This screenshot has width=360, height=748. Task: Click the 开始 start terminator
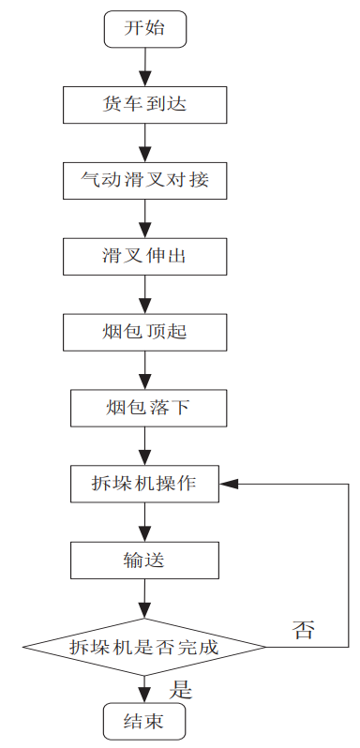pos(144,28)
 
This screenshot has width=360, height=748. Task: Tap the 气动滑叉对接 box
pos(144,179)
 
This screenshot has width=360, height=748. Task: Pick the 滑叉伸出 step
pos(144,255)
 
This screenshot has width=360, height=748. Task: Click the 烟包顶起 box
pos(144,331)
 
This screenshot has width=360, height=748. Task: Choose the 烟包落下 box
pos(144,408)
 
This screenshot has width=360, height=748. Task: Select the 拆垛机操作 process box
pos(144,484)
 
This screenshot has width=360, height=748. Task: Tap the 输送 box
pos(144,561)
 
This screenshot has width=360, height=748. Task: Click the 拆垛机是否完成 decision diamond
pos(144,647)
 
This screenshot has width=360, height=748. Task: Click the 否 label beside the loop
pos(303,629)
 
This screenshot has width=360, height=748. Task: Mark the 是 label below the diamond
pos(180,690)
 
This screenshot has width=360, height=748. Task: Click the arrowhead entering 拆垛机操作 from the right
pos(230,484)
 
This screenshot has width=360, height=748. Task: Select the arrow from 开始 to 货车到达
pos(144,66)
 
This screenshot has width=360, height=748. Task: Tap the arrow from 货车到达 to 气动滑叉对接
pos(144,142)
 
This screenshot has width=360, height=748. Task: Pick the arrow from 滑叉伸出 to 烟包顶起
pos(144,293)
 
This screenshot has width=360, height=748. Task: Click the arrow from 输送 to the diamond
pos(144,598)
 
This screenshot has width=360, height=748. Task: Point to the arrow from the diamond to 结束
pos(144,688)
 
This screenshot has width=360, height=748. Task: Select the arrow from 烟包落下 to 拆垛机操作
pos(144,445)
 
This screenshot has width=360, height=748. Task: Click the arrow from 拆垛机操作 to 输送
pos(144,522)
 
